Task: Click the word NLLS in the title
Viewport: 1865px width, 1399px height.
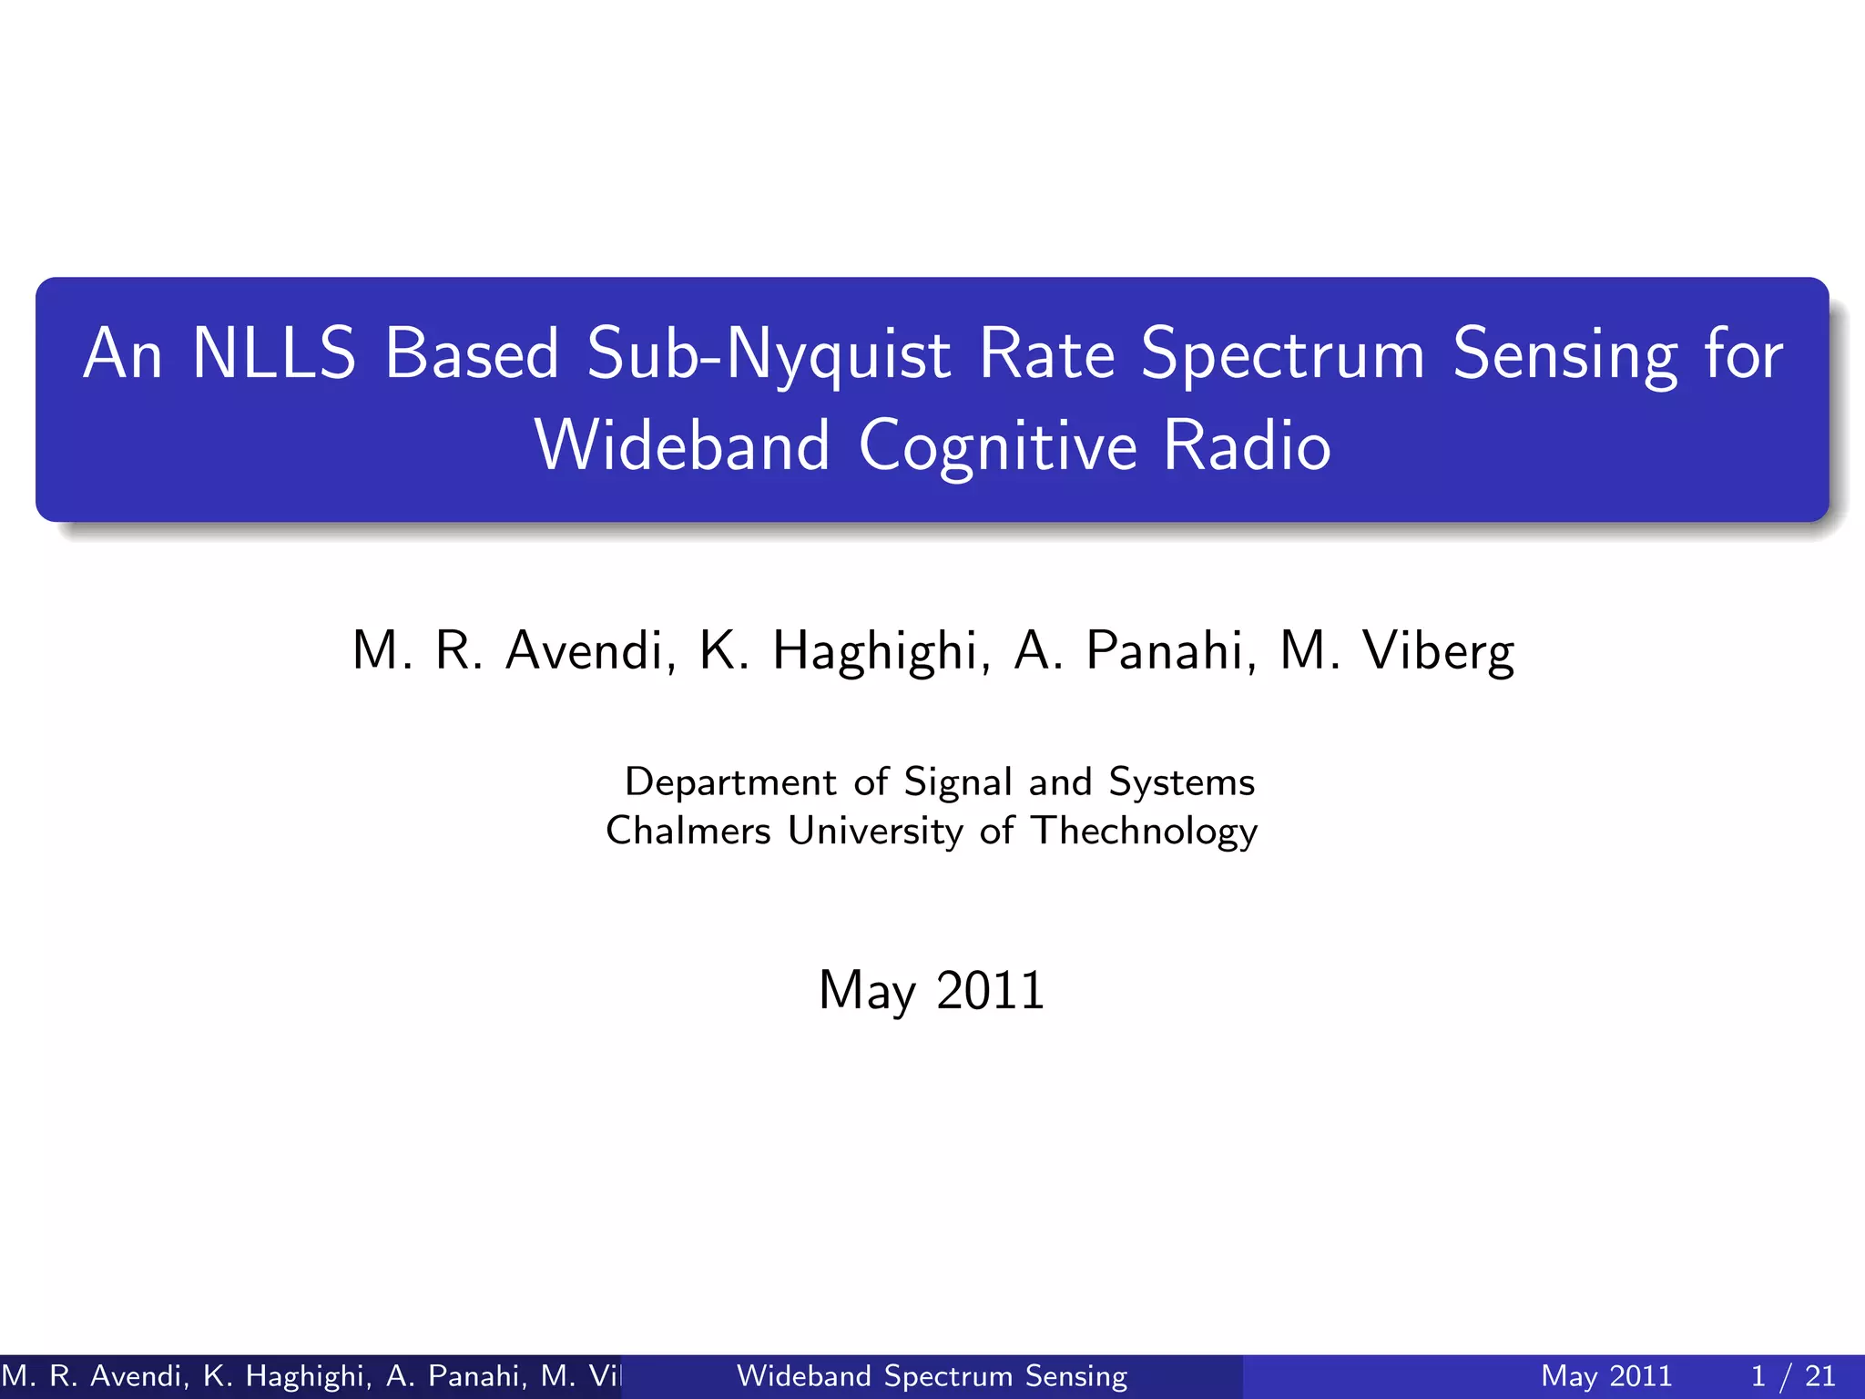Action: pyautogui.click(x=273, y=353)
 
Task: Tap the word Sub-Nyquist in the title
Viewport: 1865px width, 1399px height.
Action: pyautogui.click(x=769, y=355)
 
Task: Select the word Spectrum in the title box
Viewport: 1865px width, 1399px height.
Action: pyautogui.click(x=1282, y=355)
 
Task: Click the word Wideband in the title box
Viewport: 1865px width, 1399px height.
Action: pyautogui.click(x=682, y=446)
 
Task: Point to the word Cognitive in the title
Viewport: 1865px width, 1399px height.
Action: pyautogui.click(x=997, y=446)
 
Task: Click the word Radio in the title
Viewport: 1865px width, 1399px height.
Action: pyautogui.click(x=1247, y=446)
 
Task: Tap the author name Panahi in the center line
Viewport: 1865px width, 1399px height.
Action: pyautogui.click(x=1171, y=651)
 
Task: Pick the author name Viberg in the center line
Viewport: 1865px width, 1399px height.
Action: pyautogui.click(x=1438, y=651)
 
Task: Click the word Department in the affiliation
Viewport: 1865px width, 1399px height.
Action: pyautogui.click(x=730, y=782)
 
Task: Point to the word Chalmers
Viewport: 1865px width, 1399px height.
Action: pyautogui.click(x=688, y=831)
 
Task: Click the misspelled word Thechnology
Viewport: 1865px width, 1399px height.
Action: pyautogui.click(x=1144, y=831)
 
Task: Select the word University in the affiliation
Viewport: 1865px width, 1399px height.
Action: pyautogui.click(x=875, y=831)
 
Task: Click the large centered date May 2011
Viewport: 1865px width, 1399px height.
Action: pyautogui.click(x=931, y=990)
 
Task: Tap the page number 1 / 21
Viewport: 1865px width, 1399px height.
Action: pyautogui.click(x=1792, y=1375)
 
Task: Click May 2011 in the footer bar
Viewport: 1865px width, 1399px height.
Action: pyautogui.click(x=1606, y=1375)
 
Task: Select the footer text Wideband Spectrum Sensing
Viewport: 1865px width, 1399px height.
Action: pyautogui.click(x=931, y=1375)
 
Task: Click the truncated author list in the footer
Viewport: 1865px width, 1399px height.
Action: pyautogui.click(x=310, y=1375)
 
